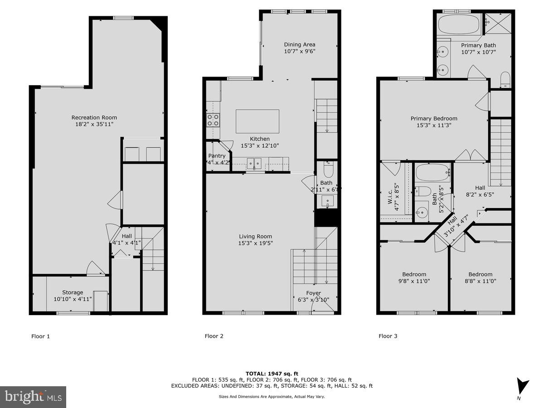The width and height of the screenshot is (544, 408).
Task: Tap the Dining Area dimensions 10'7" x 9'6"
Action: [299, 52]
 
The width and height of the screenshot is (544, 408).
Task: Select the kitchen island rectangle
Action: [257, 121]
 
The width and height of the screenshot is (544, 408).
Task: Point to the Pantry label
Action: [217, 155]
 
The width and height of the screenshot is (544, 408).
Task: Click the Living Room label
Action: [256, 236]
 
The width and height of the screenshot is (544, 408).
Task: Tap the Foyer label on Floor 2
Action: [313, 293]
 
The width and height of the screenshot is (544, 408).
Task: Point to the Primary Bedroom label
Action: [434, 119]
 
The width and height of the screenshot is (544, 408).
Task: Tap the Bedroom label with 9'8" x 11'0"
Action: [414, 274]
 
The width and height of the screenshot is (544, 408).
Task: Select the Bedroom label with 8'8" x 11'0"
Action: [480, 274]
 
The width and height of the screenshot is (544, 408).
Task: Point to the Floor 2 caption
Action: [214, 336]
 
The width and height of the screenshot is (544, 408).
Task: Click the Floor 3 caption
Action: [388, 336]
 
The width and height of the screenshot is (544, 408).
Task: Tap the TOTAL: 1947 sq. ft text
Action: [272, 373]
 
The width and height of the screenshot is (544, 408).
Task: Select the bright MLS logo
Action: [33, 397]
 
